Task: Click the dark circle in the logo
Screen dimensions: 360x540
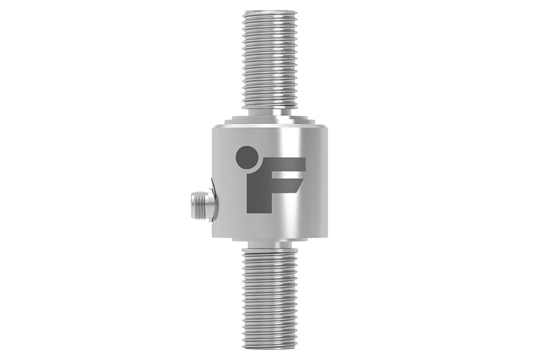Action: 247,157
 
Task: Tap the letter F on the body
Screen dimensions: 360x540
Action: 270,180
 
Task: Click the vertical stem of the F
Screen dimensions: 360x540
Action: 257,192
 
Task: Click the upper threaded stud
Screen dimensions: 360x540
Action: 271,60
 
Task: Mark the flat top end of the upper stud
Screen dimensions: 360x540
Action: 271,12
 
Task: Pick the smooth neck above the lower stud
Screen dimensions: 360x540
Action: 270,245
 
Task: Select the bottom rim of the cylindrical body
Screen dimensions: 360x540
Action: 270,236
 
